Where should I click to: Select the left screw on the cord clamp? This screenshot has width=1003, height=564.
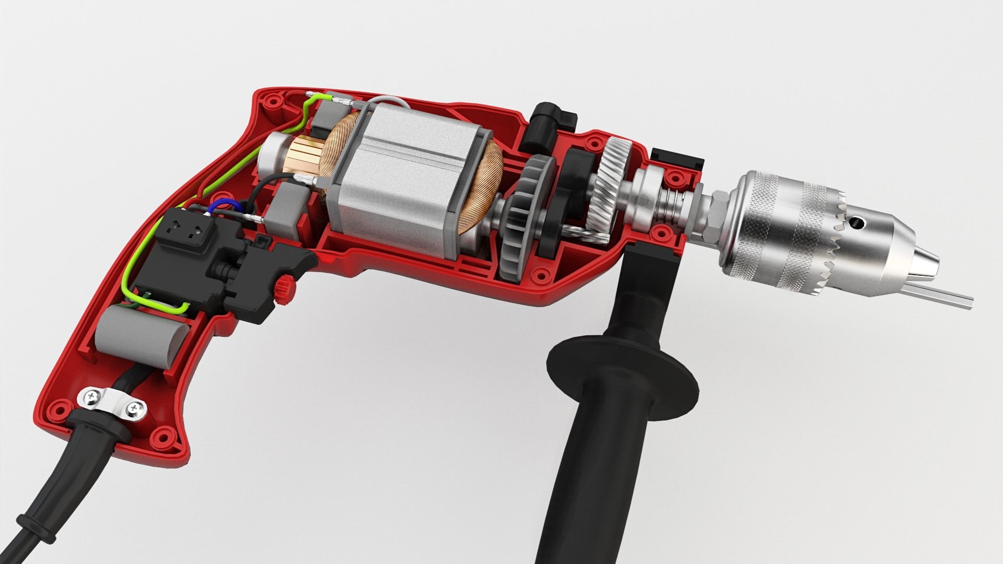coord(93,397)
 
